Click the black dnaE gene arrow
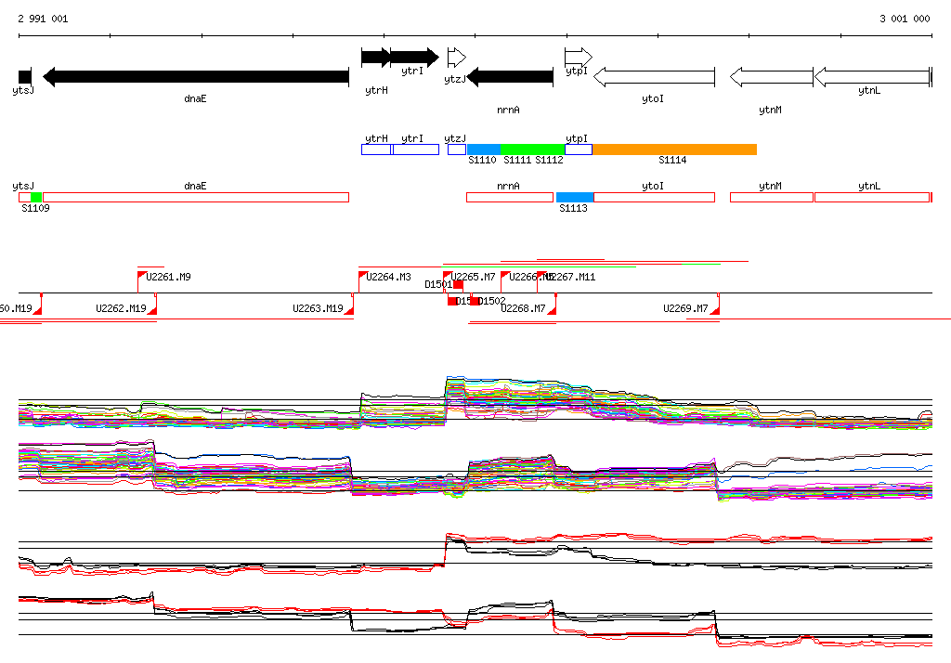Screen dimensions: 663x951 tap(195, 77)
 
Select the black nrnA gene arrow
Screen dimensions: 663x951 tap(510, 77)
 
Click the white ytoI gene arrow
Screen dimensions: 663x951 tap(654, 77)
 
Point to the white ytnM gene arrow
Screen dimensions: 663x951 tap(771, 77)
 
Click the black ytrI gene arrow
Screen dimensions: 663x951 tap(413, 57)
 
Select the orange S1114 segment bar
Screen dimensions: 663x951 tap(674, 149)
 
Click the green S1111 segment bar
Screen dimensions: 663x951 tap(532, 149)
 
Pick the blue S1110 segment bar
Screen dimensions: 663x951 tap(483, 149)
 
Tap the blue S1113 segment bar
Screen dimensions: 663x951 tap(575, 197)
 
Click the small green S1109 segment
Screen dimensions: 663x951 tap(36, 197)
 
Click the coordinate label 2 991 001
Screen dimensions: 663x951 tap(43, 19)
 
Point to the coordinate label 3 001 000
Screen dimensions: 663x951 tap(905, 19)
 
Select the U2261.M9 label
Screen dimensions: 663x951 tap(168, 277)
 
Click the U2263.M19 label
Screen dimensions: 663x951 tap(318, 308)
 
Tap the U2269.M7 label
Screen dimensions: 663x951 tap(685, 308)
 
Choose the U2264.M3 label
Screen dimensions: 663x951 tap(388, 277)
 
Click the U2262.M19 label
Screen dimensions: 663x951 tap(121, 308)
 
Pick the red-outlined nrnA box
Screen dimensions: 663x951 tap(508, 197)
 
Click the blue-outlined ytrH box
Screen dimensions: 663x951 tap(376, 149)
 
